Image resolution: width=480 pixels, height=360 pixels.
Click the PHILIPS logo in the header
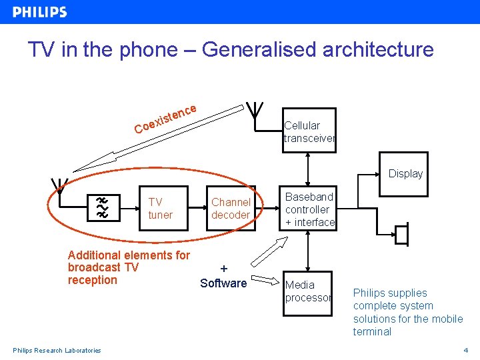tap(40, 12)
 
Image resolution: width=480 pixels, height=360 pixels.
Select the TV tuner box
tap(160, 209)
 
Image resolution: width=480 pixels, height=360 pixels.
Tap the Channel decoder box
tap(230, 209)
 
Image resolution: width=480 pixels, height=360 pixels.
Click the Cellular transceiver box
tap(309, 132)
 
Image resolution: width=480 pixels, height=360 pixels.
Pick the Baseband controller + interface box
tap(308, 209)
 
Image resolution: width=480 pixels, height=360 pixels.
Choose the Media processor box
tap(308, 291)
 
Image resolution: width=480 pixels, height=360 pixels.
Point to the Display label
tap(405, 173)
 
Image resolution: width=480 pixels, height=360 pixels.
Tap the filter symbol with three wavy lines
tap(102, 208)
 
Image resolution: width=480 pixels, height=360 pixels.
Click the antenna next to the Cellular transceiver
tap(254, 109)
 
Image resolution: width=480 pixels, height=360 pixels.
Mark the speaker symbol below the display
tap(401, 235)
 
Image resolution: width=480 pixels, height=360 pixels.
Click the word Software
tap(223, 283)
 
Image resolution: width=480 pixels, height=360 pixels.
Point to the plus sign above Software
tap(224, 269)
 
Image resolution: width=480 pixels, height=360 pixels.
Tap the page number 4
tap(465, 350)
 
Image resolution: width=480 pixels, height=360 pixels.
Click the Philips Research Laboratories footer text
tap(57, 350)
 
